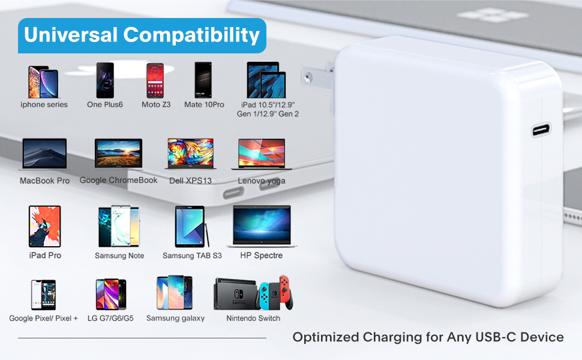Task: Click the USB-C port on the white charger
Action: click(x=541, y=129)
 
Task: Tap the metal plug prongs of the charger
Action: click(x=318, y=77)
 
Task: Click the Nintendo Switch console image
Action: click(x=253, y=293)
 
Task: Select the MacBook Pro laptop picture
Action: click(x=44, y=154)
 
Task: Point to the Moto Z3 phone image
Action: click(x=156, y=80)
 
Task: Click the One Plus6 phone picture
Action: click(x=105, y=80)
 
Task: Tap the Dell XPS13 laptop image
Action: click(x=190, y=154)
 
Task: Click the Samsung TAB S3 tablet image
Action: click(x=191, y=227)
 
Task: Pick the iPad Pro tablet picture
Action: click(x=45, y=226)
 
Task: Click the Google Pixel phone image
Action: click(x=43, y=295)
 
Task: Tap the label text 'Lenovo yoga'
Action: click(x=262, y=181)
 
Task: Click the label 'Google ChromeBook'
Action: click(x=119, y=180)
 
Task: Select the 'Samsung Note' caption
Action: click(x=119, y=256)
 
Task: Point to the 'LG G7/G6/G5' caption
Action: click(x=110, y=318)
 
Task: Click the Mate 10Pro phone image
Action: click(x=204, y=80)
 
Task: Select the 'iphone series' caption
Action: click(x=44, y=104)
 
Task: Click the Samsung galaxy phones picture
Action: click(x=175, y=293)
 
